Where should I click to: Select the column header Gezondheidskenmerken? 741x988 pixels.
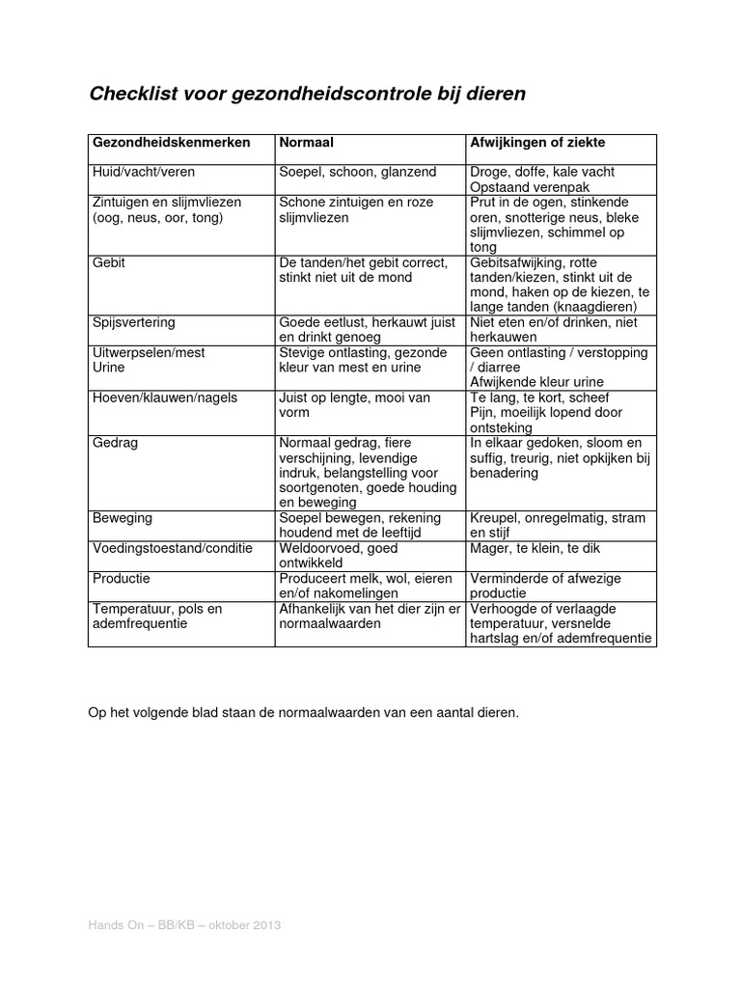(x=171, y=142)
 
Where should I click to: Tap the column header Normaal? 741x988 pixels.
(x=306, y=142)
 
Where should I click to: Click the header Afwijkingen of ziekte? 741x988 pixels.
(x=537, y=142)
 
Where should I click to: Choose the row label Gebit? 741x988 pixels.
(x=109, y=262)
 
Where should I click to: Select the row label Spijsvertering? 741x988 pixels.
(x=133, y=322)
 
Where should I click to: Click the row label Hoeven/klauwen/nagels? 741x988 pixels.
(x=164, y=398)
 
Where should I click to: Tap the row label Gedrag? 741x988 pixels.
(x=114, y=442)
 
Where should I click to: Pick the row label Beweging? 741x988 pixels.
(x=122, y=518)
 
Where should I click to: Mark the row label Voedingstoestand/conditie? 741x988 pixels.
(x=172, y=548)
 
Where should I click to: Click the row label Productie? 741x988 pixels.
(x=121, y=578)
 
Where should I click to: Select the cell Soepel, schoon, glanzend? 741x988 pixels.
(x=357, y=172)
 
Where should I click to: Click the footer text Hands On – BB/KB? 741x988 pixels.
(x=146, y=925)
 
